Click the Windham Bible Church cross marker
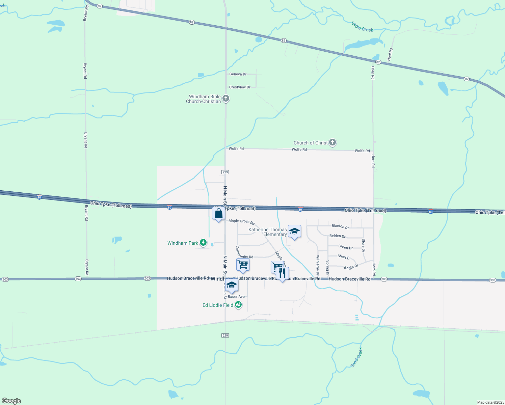point(226,99)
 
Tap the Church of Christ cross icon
point(333,142)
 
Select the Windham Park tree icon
point(203,243)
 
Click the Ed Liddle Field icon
point(238,305)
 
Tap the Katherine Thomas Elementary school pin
point(294,232)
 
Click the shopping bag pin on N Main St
point(218,214)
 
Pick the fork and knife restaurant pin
point(282,273)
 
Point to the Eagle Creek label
point(362,27)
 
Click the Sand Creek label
point(356,357)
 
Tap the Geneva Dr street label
point(238,74)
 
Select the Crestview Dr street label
point(240,87)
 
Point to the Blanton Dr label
point(340,226)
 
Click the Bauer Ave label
point(236,297)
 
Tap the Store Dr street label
point(363,245)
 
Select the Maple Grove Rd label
point(241,222)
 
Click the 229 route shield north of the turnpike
point(225,172)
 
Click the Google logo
point(11,401)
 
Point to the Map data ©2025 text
point(490,402)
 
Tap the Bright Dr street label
point(351,267)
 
